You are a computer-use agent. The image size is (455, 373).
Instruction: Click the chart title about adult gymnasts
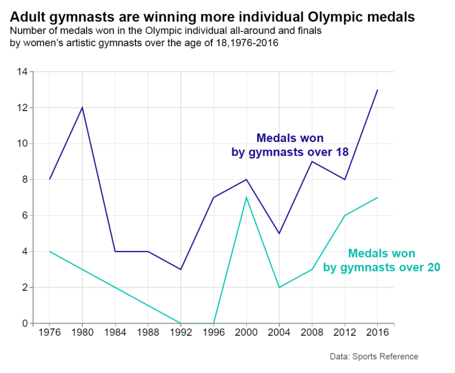(212, 16)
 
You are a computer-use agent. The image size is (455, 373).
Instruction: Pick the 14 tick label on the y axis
(22, 72)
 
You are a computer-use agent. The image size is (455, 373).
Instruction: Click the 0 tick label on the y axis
(25, 323)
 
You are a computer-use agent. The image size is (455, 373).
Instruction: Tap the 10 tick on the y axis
(22, 143)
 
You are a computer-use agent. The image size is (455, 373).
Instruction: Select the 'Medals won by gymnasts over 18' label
(290, 145)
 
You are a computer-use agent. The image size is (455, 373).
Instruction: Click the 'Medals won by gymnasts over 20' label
(381, 261)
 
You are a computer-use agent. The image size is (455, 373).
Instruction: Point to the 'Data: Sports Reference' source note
(374, 356)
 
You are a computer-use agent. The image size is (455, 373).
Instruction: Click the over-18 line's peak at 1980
(83, 108)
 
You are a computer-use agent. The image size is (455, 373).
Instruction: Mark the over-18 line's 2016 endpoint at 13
(377, 90)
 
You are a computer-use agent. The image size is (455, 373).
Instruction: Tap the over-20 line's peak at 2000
(246, 197)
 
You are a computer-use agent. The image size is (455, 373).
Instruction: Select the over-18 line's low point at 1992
(181, 269)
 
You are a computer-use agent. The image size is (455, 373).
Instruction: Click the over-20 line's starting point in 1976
(50, 251)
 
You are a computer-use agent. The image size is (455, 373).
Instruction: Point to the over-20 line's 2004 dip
(279, 287)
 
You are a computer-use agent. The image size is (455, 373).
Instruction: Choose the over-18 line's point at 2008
(312, 161)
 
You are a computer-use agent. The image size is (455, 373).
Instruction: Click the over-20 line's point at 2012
(345, 215)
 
